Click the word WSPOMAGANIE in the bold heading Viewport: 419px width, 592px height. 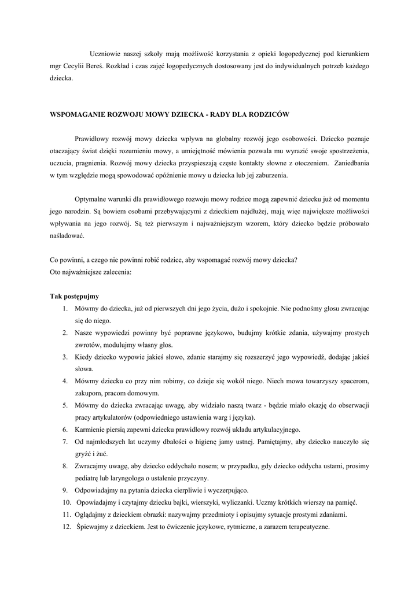click(x=78, y=114)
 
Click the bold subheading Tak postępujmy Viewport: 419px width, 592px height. click(x=74, y=295)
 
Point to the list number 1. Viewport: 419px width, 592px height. click(x=65, y=308)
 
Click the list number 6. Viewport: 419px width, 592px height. click(x=65, y=430)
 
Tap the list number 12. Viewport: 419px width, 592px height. click(x=67, y=527)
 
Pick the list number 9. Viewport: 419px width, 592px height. click(x=65, y=490)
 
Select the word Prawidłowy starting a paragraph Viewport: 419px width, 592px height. click(x=95, y=139)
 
